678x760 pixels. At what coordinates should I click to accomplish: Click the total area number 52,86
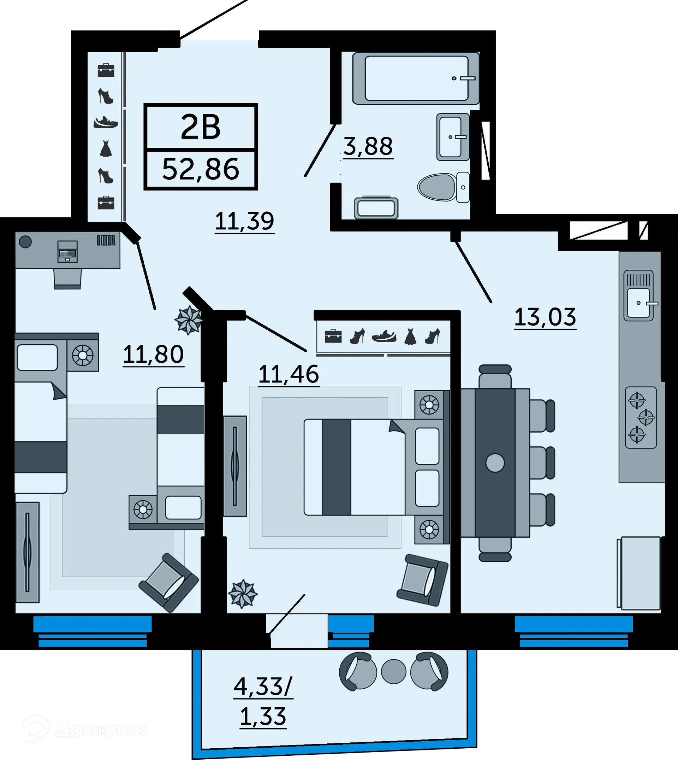click(x=201, y=169)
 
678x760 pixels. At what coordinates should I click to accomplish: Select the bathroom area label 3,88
click(x=368, y=146)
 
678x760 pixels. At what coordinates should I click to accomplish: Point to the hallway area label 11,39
click(x=244, y=221)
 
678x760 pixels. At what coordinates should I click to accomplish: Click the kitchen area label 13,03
click(x=545, y=317)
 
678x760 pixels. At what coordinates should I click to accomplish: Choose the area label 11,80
click(x=153, y=354)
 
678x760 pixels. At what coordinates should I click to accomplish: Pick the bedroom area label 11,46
click(x=289, y=374)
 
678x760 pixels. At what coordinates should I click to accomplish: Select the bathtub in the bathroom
click(x=416, y=78)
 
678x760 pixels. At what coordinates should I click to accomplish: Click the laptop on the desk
click(x=67, y=251)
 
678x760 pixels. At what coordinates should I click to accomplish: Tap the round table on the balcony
click(x=393, y=672)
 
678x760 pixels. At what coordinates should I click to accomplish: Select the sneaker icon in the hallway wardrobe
click(x=106, y=122)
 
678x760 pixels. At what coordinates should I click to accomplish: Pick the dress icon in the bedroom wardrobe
click(x=410, y=336)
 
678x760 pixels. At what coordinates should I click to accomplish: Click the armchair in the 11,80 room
click(x=168, y=582)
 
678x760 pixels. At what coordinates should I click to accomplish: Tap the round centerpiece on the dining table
click(x=495, y=462)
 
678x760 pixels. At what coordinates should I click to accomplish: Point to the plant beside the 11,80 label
click(x=189, y=320)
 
